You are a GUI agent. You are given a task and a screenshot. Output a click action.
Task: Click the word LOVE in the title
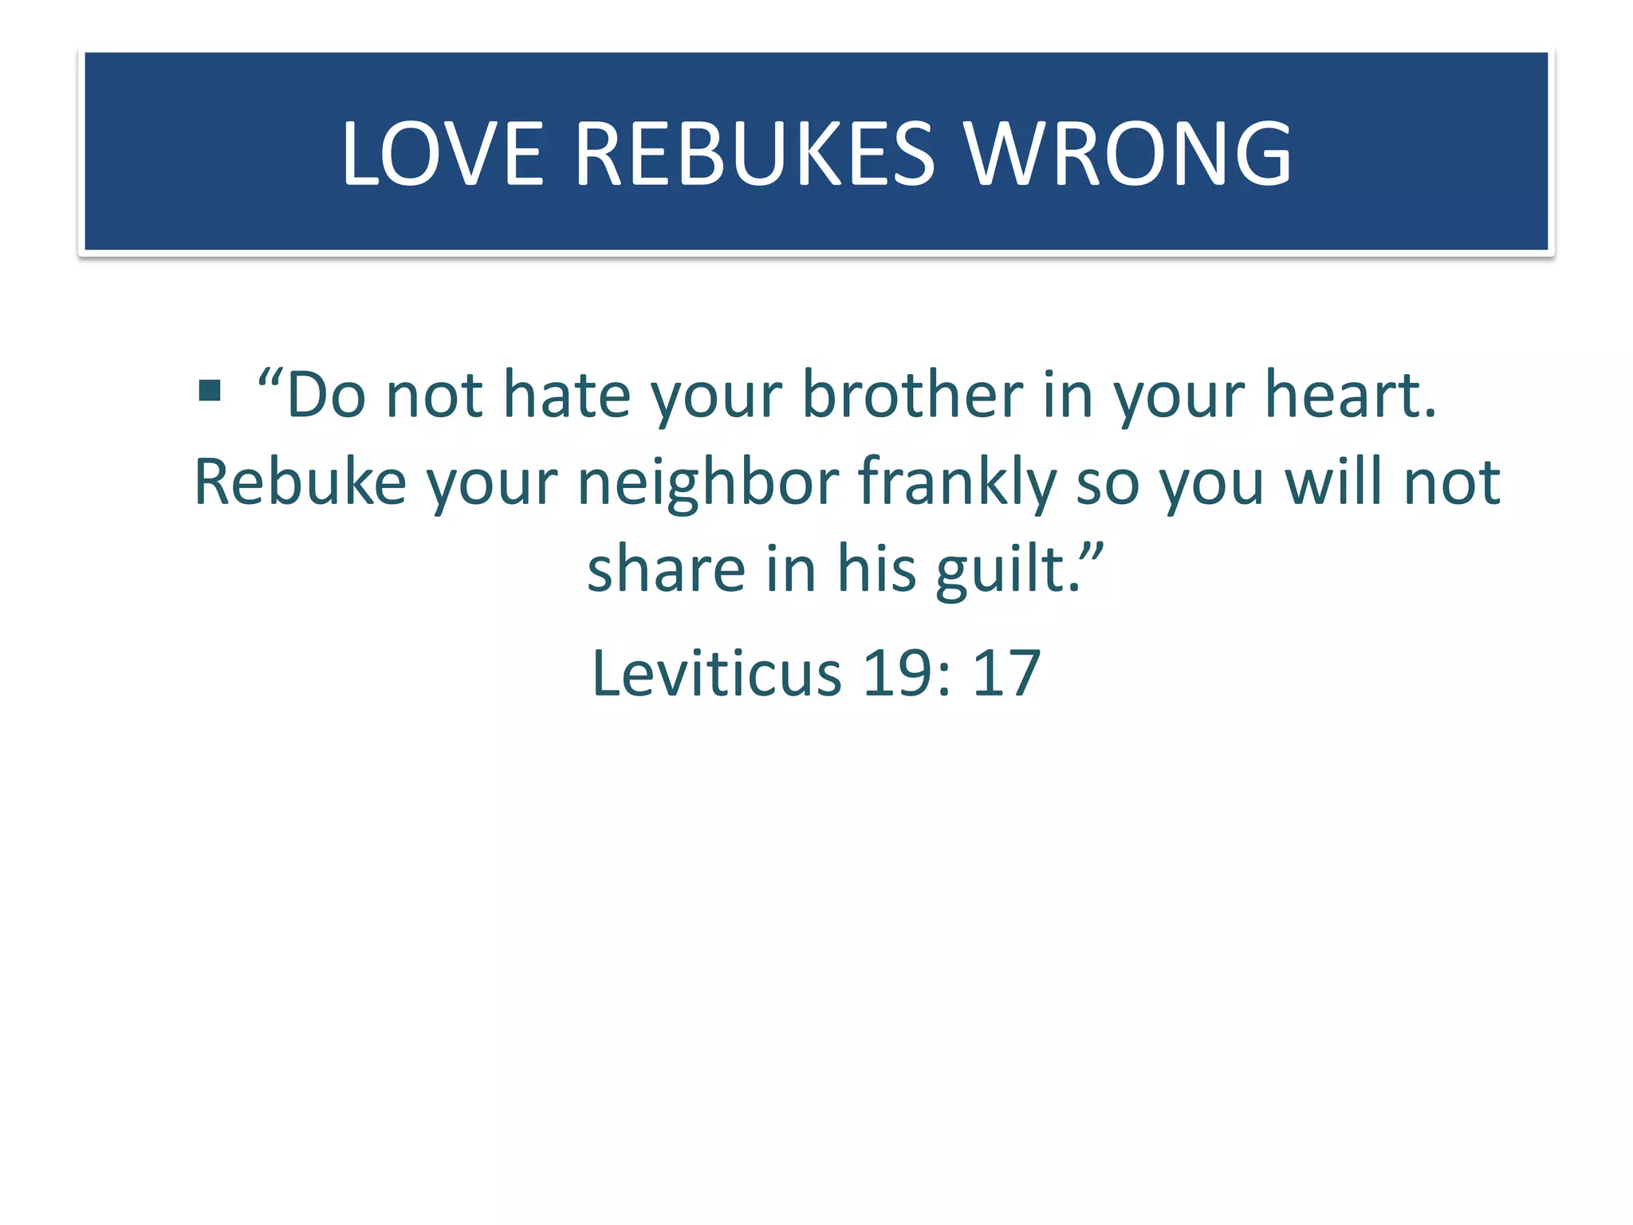443,153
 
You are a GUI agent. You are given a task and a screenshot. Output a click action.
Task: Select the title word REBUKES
754,153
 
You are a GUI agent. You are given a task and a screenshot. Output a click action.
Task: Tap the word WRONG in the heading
1127,153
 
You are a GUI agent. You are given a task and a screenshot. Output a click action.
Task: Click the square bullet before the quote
210,390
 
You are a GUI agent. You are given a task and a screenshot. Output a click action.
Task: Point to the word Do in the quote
326,395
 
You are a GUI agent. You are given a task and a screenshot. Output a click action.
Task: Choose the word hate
568,395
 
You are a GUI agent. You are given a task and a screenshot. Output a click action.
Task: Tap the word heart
1348,395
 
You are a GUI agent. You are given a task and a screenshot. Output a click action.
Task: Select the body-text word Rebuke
300,483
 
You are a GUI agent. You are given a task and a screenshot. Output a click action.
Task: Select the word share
667,569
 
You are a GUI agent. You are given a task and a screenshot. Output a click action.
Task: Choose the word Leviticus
716,673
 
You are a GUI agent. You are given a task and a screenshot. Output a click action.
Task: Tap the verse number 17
1006,673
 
